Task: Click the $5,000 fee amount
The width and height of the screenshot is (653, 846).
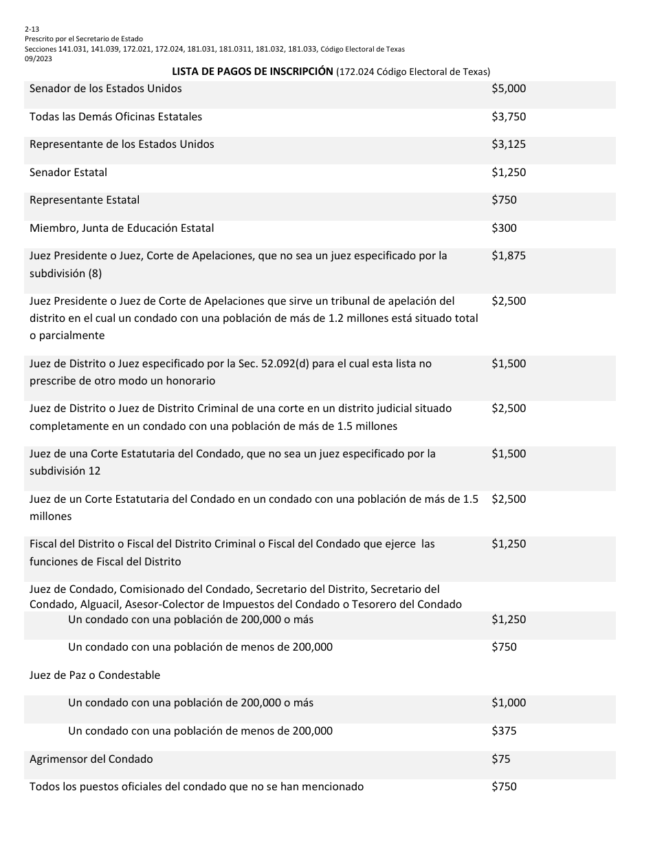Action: (x=508, y=89)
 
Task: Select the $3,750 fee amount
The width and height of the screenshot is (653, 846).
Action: (x=508, y=117)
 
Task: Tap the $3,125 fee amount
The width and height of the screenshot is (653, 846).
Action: (x=508, y=144)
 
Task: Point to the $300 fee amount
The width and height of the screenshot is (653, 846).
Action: (x=504, y=228)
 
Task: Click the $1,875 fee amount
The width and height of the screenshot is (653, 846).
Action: (x=508, y=256)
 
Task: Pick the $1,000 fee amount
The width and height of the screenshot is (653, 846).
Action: (x=508, y=703)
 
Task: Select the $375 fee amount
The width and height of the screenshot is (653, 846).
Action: (x=504, y=731)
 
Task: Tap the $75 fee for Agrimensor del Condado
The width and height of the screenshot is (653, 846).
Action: (x=501, y=759)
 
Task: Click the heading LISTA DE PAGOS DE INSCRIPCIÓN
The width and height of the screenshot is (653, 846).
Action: (x=252, y=72)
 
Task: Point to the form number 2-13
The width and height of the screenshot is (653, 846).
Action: (x=32, y=30)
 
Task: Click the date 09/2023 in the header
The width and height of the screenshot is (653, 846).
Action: (x=38, y=58)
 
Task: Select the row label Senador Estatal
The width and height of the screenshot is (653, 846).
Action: (x=68, y=173)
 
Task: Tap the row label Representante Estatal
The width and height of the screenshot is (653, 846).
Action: (x=85, y=200)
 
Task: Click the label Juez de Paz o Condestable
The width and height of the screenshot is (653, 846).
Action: (x=95, y=675)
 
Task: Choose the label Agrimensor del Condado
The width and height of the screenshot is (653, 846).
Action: (x=91, y=759)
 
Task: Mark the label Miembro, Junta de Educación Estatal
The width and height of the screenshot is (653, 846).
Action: (x=122, y=228)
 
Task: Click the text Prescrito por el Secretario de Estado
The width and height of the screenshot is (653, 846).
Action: (x=84, y=39)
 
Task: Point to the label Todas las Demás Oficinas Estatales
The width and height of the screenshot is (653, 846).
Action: (x=115, y=117)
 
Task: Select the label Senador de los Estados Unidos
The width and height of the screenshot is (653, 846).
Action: (x=106, y=89)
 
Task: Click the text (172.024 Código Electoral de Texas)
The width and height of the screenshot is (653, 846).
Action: (x=413, y=72)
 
